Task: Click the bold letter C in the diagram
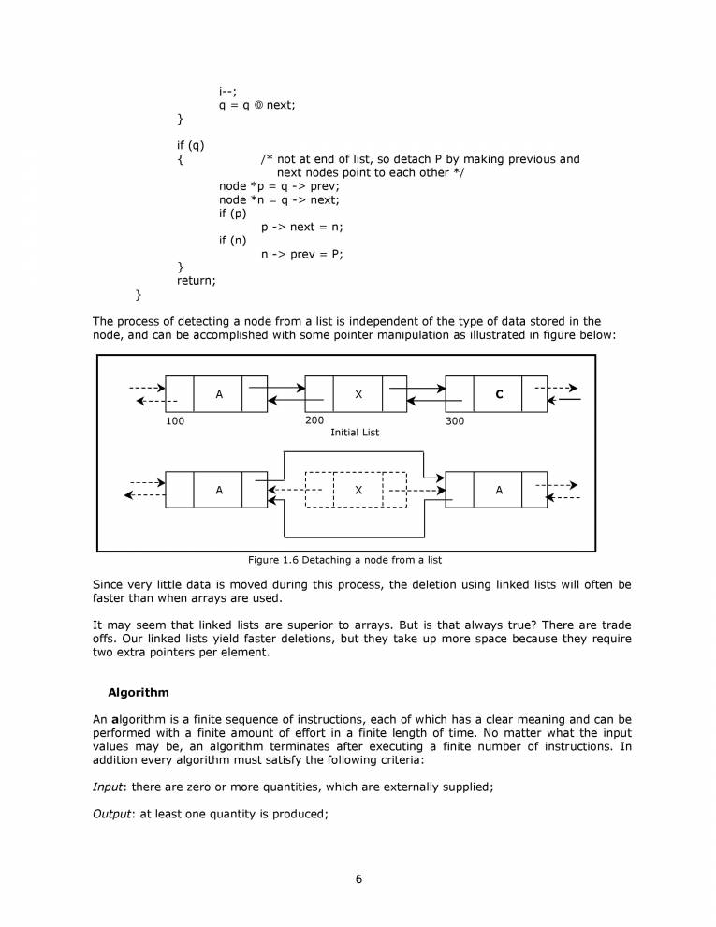coord(499,394)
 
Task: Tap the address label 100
coord(175,421)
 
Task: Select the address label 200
coord(314,420)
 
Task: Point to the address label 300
coord(455,421)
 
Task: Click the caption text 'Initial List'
coord(355,433)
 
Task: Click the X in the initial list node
coord(358,394)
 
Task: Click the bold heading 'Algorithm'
coord(139,693)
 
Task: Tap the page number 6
coord(358,878)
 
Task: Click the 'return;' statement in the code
coord(197,280)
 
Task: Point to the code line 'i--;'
coord(227,91)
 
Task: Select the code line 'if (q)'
coord(190,145)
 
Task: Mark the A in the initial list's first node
coord(219,394)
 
